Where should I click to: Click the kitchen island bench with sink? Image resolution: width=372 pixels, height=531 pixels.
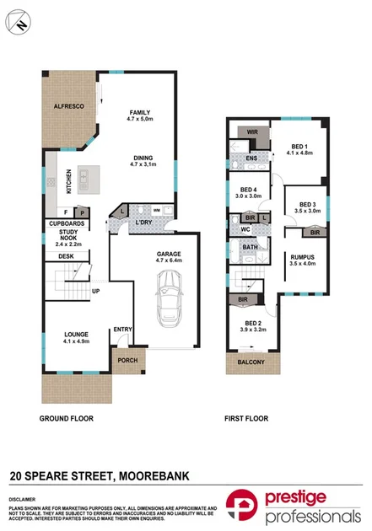pos(84,178)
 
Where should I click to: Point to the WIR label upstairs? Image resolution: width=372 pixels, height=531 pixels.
pos(251,132)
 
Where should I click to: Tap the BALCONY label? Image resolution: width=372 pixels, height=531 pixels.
pos(251,363)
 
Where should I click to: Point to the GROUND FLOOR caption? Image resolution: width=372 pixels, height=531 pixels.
pos(67,418)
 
